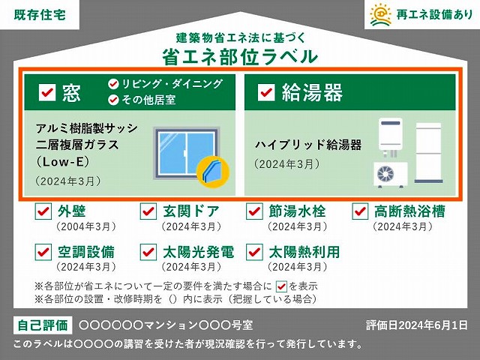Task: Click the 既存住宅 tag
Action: (40, 14)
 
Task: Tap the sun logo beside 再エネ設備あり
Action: (380, 14)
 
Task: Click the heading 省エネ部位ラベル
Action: (240, 57)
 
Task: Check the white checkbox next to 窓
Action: (47, 92)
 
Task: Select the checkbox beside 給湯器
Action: (266, 92)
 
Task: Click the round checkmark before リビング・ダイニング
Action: (113, 84)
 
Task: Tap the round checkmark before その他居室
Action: (113, 100)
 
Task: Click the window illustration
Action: (186, 153)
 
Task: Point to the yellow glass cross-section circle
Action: (213, 172)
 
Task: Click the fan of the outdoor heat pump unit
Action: (385, 174)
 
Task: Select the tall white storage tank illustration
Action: (428, 153)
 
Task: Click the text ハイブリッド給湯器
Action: (308, 145)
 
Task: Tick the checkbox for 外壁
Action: (43, 211)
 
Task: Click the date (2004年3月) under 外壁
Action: (86, 226)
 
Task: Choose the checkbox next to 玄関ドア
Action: (148, 211)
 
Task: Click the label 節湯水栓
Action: (297, 211)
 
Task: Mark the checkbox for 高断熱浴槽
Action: (360, 211)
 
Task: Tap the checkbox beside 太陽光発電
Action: (148, 252)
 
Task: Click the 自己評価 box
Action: (43, 325)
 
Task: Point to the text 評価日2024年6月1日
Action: (417, 325)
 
